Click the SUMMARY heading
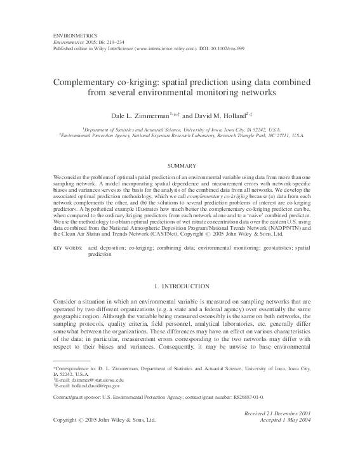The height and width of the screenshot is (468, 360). pos(180,164)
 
